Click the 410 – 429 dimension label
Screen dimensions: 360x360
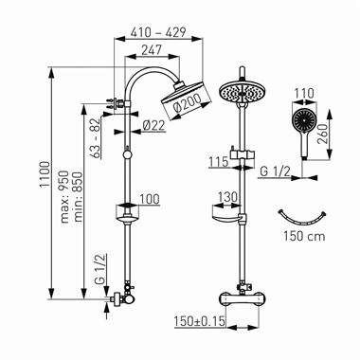coord(158,32)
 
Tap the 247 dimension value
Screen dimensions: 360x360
coord(152,50)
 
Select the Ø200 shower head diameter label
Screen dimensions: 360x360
coord(188,103)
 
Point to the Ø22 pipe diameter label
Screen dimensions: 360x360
coord(153,126)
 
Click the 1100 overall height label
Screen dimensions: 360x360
coord(45,174)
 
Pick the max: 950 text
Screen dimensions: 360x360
coord(64,197)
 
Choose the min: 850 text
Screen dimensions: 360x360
coord(78,197)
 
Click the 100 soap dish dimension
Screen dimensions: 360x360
coord(150,199)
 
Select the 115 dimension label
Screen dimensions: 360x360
coord(218,162)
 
